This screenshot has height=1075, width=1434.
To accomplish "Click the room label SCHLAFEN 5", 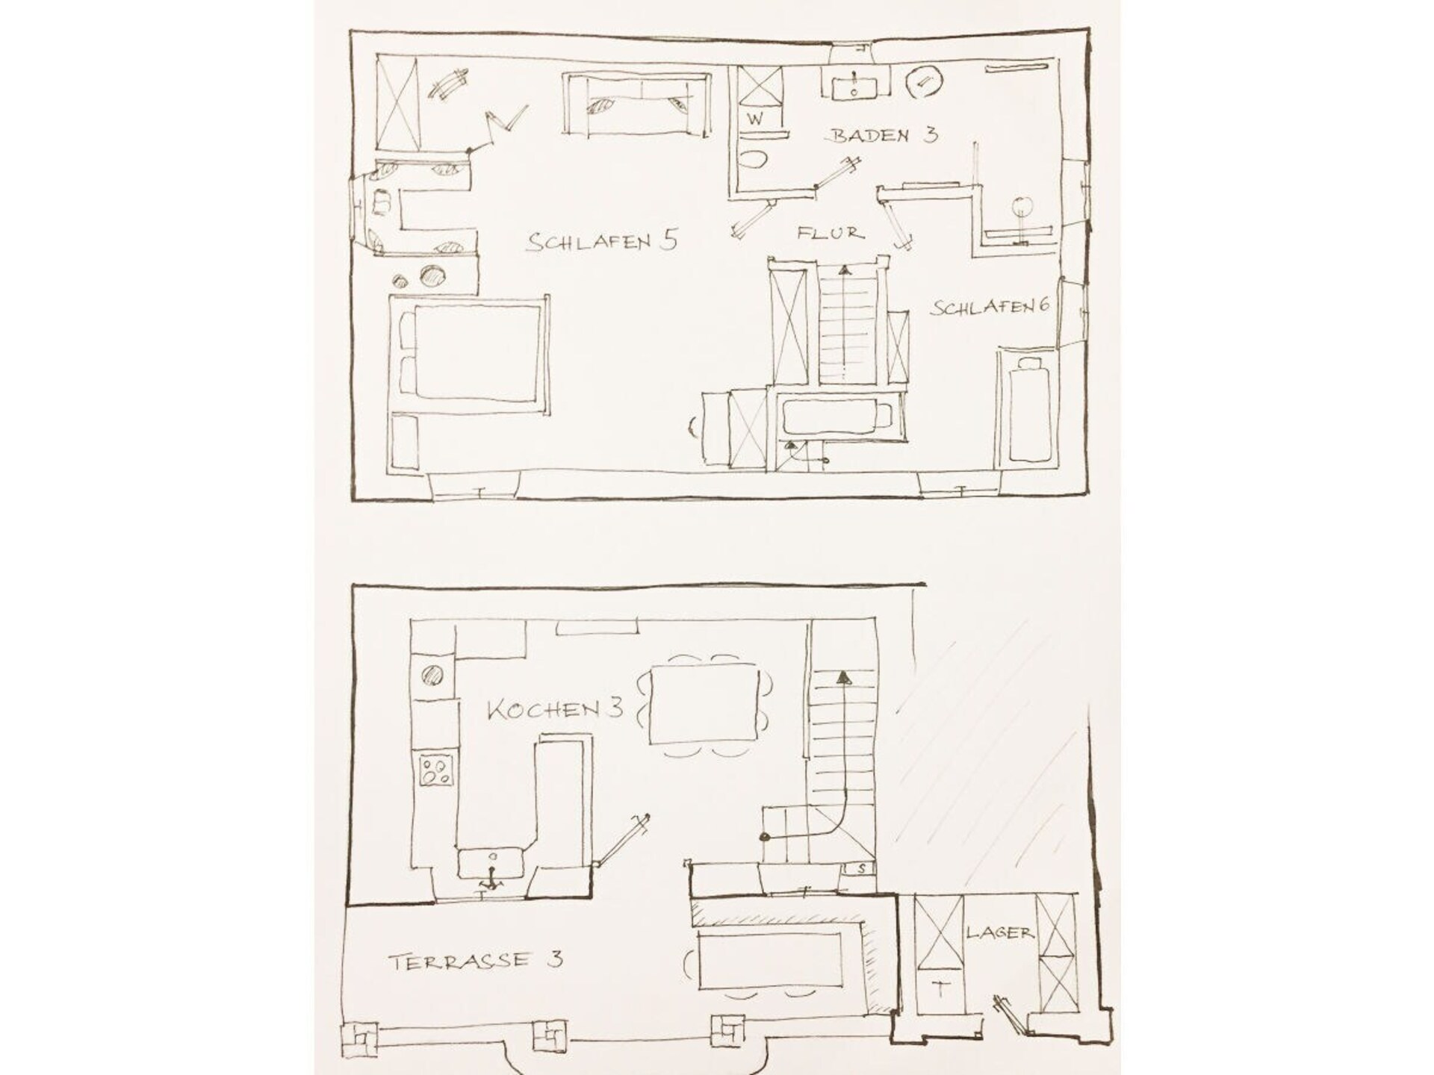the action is point(602,241).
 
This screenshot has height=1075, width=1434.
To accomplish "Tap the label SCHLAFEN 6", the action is point(990,307).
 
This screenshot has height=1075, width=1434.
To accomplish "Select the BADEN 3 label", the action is point(884,136).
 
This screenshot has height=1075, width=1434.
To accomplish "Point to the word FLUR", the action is point(831,233).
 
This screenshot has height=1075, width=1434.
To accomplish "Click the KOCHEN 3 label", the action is point(555,708).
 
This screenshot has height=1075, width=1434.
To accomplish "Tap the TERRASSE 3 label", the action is point(475,961).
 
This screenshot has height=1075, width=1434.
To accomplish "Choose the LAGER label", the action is point(999,932).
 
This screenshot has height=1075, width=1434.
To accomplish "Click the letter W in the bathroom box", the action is point(754,119).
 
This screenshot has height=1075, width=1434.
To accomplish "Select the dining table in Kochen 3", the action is point(705,704).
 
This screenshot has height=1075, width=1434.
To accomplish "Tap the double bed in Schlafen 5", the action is point(465,354).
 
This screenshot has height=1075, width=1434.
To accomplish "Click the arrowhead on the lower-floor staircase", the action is point(843,678).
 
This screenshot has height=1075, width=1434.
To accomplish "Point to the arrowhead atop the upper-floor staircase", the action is point(844,270).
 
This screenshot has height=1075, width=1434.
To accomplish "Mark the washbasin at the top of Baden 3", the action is point(854,83).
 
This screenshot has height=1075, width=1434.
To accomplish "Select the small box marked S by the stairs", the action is point(860,869).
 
